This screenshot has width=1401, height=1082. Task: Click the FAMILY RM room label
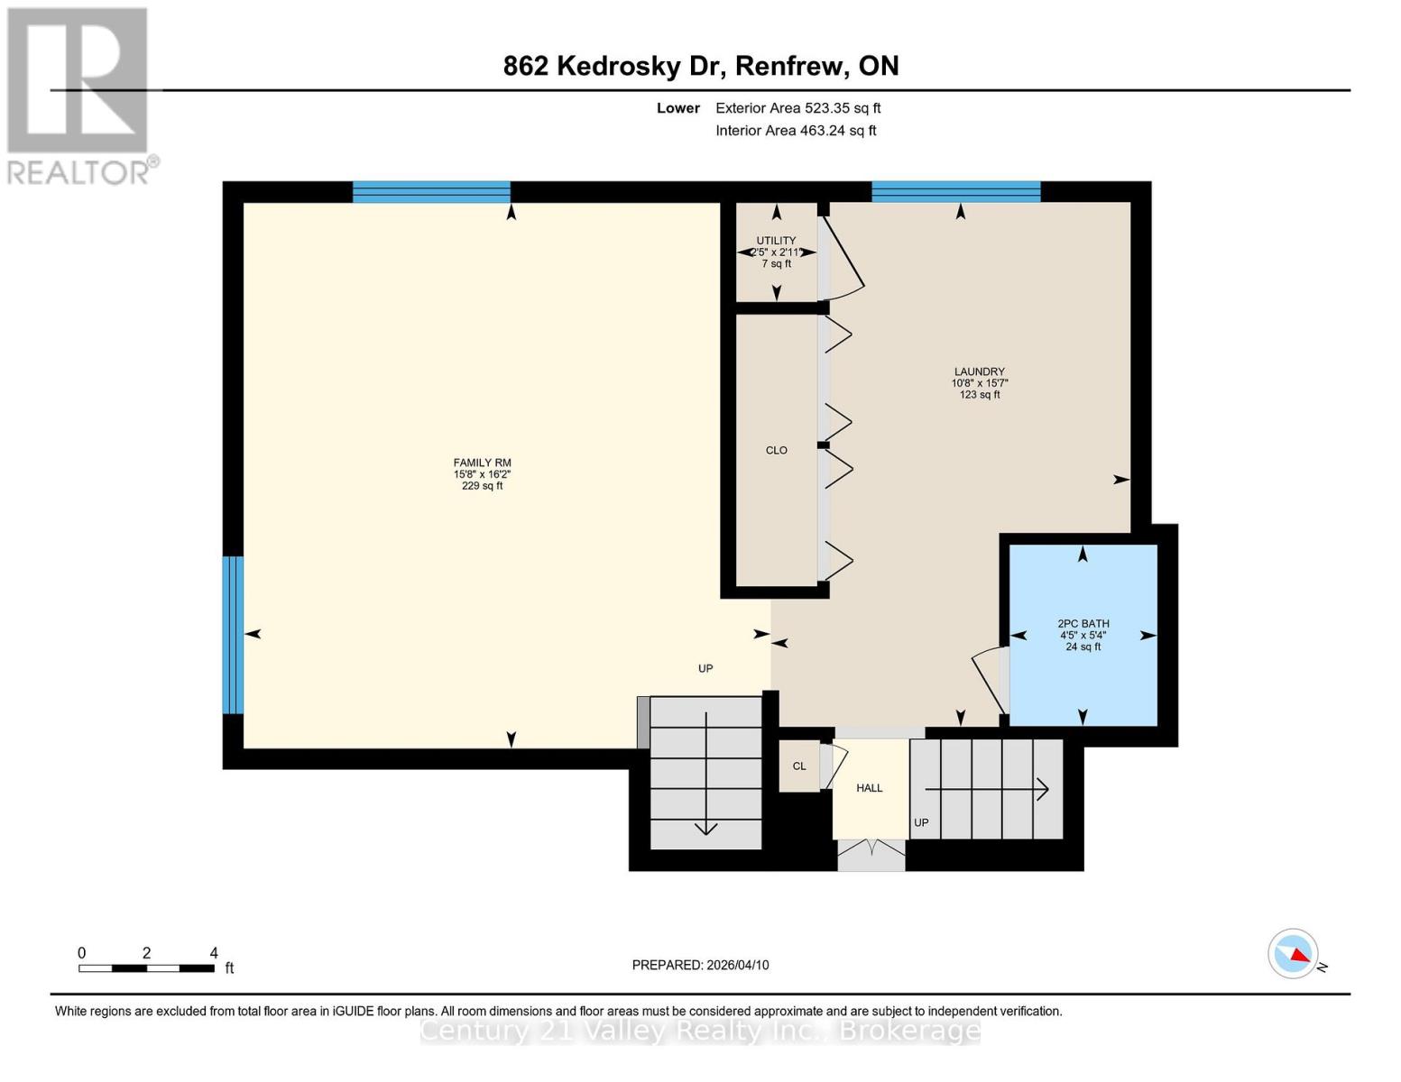click(482, 463)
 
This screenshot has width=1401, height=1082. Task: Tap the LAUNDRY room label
click(979, 372)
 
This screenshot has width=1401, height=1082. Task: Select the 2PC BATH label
click(1083, 624)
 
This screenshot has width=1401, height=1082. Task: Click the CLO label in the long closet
click(776, 450)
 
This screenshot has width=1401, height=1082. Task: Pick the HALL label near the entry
click(869, 788)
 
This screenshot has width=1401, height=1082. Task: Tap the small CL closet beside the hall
click(798, 766)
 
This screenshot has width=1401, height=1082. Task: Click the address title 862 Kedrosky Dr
click(700, 66)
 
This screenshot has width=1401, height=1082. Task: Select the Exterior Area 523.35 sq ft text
click(797, 108)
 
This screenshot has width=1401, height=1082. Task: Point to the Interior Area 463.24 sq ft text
click(796, 131)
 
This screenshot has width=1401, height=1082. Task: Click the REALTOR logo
click(79, 95)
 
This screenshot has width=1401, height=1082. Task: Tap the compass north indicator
click(1294, 954)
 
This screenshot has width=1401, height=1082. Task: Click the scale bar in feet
click(146, 968)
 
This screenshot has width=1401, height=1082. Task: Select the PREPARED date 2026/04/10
click(700, 965)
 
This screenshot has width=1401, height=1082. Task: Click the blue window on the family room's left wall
click(233, 634)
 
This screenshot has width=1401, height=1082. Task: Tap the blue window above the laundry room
click(955, 191)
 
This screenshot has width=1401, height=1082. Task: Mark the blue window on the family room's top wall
click(431, 191)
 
